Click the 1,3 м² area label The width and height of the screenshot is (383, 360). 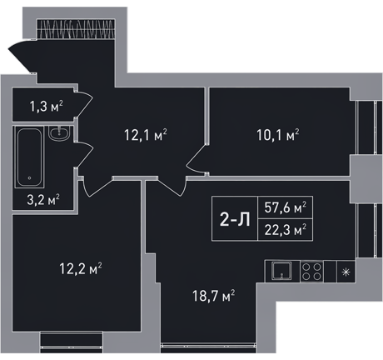(47, 107)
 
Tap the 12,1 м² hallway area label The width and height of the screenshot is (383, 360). (146, 135)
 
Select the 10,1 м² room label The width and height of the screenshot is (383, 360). (278, 135)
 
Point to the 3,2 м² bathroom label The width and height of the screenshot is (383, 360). (43, 200)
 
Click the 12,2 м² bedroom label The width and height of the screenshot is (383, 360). (81, 268)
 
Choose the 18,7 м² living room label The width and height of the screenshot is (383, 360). (214, 296)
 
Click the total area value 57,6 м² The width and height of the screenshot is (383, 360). (286, 207)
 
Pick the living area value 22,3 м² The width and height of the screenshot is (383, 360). (286, 230)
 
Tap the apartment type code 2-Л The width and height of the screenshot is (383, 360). (235, 219)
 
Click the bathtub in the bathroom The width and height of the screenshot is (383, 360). (30, 157)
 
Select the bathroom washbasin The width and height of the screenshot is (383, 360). (59, 132)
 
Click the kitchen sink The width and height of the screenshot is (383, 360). (281, 272)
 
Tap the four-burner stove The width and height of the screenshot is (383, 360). (311, 272)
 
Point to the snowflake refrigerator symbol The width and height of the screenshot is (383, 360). (346, 272)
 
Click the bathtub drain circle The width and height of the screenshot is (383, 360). (30, 178)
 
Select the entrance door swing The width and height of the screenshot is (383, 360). (22, 57)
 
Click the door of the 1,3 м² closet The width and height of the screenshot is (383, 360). (83, 104)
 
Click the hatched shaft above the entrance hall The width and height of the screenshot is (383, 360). (76, 28)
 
